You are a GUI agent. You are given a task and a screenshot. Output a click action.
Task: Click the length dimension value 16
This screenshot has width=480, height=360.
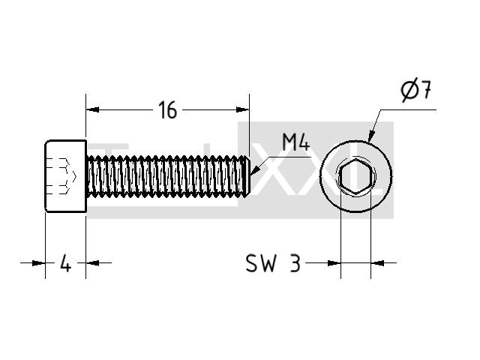(168, 110)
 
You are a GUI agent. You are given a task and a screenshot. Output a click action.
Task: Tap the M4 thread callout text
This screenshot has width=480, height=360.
(295, 142)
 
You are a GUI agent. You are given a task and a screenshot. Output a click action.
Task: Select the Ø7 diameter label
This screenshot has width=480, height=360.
(416, 91)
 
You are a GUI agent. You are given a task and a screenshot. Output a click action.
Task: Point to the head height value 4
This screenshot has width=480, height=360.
(65, 263)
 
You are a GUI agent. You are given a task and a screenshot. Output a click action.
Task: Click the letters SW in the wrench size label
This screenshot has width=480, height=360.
(260, 263)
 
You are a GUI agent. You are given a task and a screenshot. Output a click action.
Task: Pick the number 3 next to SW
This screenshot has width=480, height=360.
(295, 263)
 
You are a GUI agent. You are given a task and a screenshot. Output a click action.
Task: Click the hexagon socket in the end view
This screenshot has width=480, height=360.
(355, 177)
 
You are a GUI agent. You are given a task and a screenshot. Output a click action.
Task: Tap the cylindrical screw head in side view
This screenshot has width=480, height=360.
(66, 176)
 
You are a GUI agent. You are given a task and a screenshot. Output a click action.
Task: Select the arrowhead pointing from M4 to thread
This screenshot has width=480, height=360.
(255, 171)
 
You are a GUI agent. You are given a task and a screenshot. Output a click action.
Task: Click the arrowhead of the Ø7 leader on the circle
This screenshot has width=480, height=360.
(371, 136)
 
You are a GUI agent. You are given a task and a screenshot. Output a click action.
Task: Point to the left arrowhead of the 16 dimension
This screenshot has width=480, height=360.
(92, 109)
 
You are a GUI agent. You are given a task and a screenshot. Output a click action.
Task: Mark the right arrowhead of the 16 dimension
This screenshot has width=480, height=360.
(242, 109)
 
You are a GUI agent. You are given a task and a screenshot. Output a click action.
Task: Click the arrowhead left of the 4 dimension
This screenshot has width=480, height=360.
(38, 262)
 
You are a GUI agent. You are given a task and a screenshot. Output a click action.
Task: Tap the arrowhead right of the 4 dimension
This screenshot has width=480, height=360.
(92, 262)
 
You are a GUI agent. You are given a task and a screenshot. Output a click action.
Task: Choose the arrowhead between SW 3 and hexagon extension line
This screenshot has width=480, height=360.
(334, 262)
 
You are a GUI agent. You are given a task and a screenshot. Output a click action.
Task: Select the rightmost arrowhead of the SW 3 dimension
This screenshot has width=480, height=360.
(377, 262)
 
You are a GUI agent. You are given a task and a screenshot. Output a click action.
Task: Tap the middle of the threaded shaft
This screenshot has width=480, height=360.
(168, 175)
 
